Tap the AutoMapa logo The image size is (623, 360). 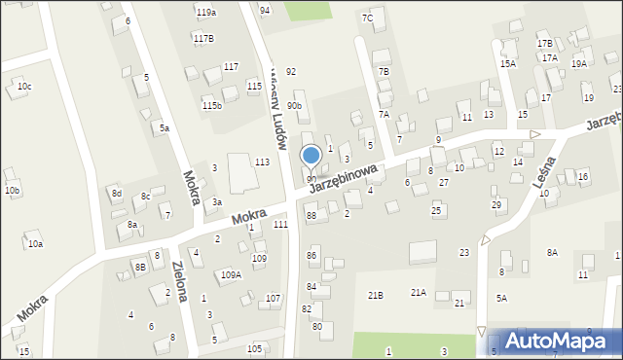[x=555, y=340]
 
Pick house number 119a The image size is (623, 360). [x=205, y=13]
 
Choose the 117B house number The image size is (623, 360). [x=203, y=38]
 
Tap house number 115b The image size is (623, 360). [x=211, y=105]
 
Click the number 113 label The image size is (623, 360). [x=262, y=162]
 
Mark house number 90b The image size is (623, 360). [x=294, y=105]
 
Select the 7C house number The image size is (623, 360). [x=367, y=18]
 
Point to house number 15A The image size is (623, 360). [x=507, y=63]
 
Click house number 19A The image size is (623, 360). [x=578, y=63]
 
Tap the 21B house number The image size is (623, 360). [x=375, y=295]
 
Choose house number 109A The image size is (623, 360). [x=230, y=275]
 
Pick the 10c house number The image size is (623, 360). [x=24, y=87]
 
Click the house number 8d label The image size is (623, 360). [x=117, y=194]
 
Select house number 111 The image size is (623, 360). [x=280, y=225]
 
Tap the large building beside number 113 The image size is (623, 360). [x=238, y=171]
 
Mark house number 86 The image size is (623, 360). [x=311, y=255]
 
